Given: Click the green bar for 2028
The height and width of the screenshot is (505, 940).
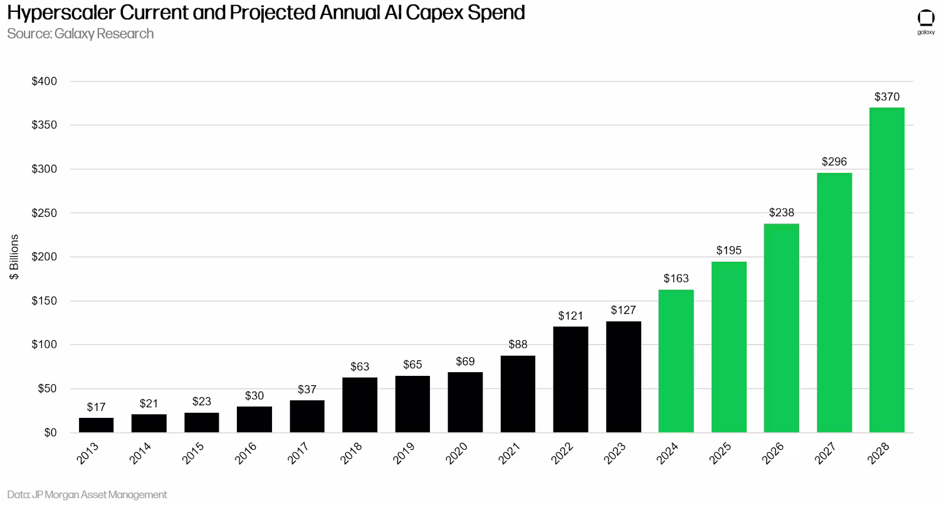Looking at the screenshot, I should pyautogui.click(x=887, y=269).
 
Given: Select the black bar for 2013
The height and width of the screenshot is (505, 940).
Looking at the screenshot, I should pyautogui.click(x=96, y=425).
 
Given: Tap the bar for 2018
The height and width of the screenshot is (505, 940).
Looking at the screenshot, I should pyautogui.click(x=360, y=405).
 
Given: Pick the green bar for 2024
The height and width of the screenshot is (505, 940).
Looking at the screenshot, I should pyautogui.click(x=676, y=361).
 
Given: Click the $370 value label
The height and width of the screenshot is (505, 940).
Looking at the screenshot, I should pyautogui.click(x=887, y=97).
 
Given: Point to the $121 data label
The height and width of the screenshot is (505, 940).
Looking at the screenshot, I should pyautogui.click(x=570, y=316).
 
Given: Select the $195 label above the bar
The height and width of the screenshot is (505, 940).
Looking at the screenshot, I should pyautogui.click(x=729, y=251).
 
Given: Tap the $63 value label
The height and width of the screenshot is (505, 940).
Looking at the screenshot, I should pyautogui.click(x=360, y=367).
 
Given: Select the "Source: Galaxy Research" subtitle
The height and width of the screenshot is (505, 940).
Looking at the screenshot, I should pyautogui.click(x=80, y=34).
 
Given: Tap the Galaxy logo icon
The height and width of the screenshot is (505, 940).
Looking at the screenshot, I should pyautogui.click(x=926, y=19).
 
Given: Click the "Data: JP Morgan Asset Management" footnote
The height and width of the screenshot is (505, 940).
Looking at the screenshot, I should pyautogui.click(x=87, y=494).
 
